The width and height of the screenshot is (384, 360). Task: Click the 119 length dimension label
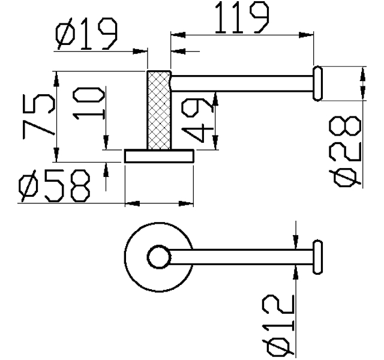[242, 17]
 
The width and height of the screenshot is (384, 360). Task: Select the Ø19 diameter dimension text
[86, 34]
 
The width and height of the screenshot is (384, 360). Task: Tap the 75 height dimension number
[38, 116]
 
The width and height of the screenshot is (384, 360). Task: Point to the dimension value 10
[89, 104]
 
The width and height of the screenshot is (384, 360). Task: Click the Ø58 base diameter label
[54, 186]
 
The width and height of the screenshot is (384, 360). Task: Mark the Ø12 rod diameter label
[278, 325]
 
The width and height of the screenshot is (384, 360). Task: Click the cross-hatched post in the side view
[159, 110]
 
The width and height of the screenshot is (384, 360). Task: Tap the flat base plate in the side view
[159, 156]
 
